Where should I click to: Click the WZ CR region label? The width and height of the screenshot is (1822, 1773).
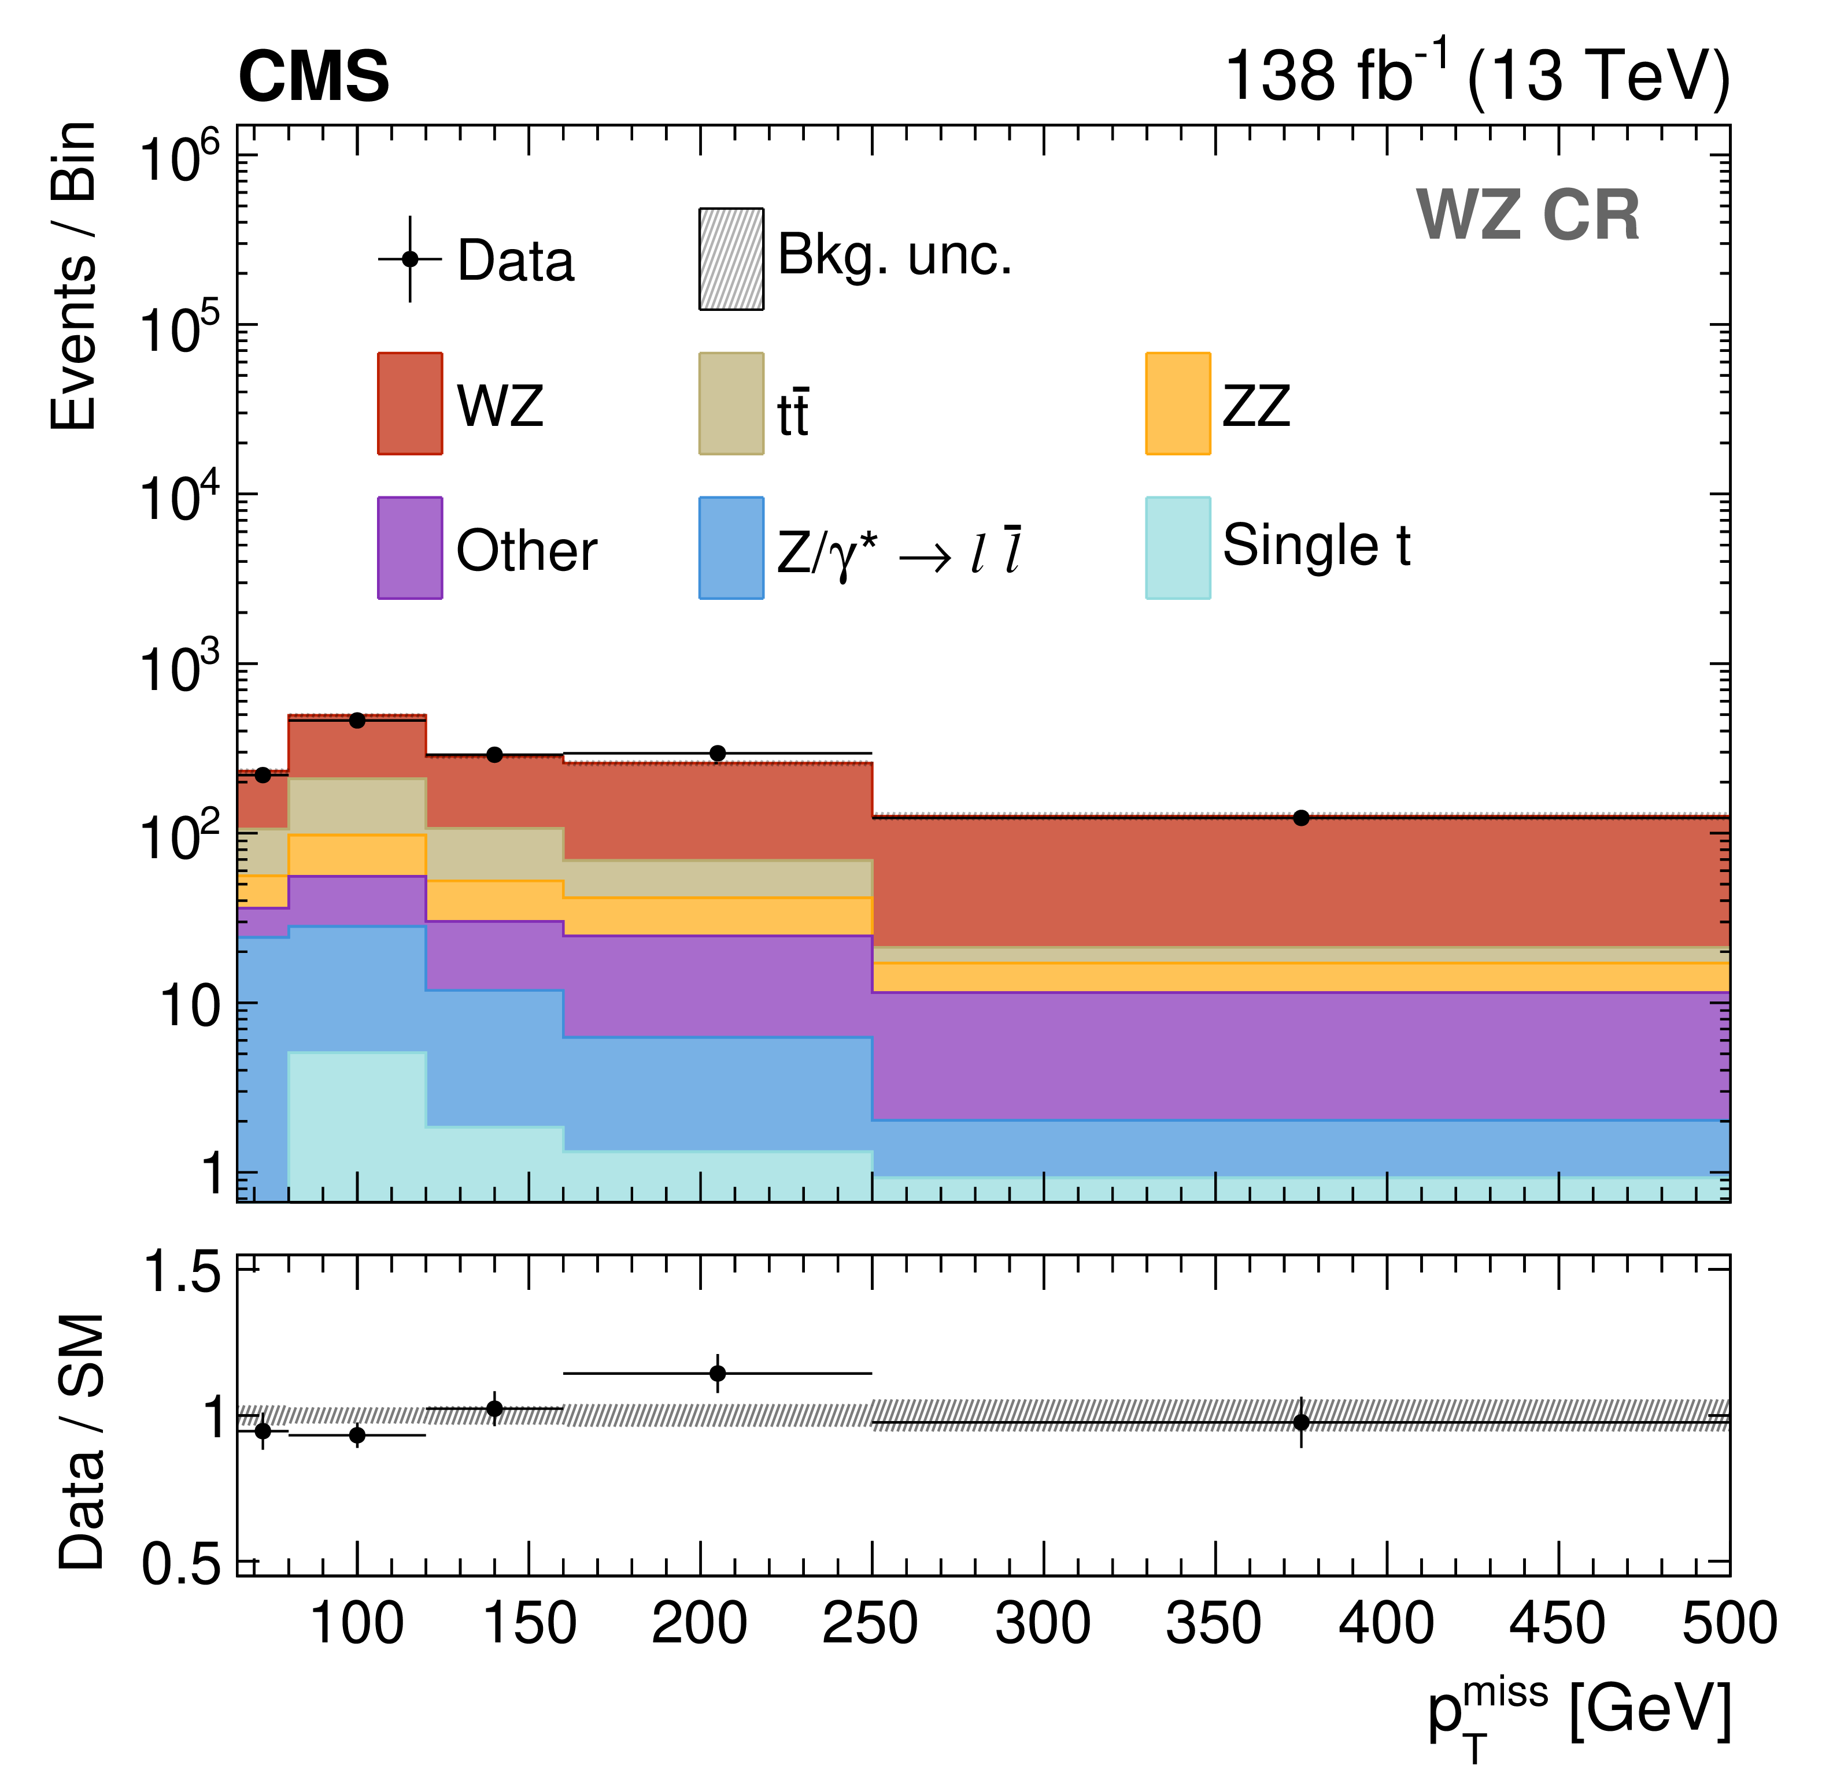tap(1528, 216)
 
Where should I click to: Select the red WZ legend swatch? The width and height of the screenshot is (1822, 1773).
tap(410, 403)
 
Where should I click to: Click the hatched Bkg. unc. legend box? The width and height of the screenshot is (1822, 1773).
tap(731, 259)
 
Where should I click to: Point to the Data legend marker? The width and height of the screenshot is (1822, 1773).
tap(410, 259)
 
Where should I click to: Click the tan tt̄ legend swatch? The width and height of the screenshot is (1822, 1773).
tap(731, 403)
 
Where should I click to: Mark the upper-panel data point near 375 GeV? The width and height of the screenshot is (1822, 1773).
tap(1301, 818)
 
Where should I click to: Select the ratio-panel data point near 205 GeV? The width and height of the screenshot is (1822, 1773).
tap(717, 1374)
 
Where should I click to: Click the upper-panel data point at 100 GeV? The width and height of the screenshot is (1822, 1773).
tap(357, 720)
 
